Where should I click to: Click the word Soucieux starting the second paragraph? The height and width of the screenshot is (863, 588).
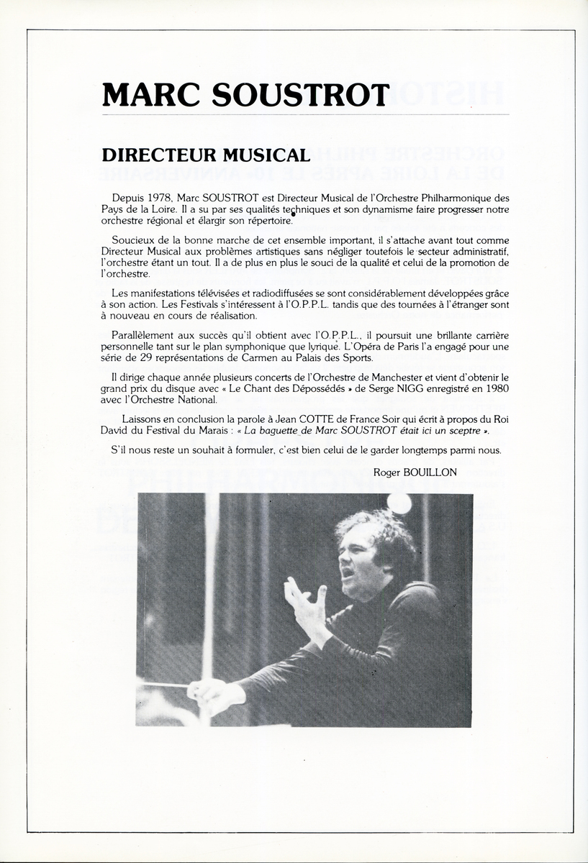(x=134, y=239)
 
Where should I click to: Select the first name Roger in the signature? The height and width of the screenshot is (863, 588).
(x=389, y=472)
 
